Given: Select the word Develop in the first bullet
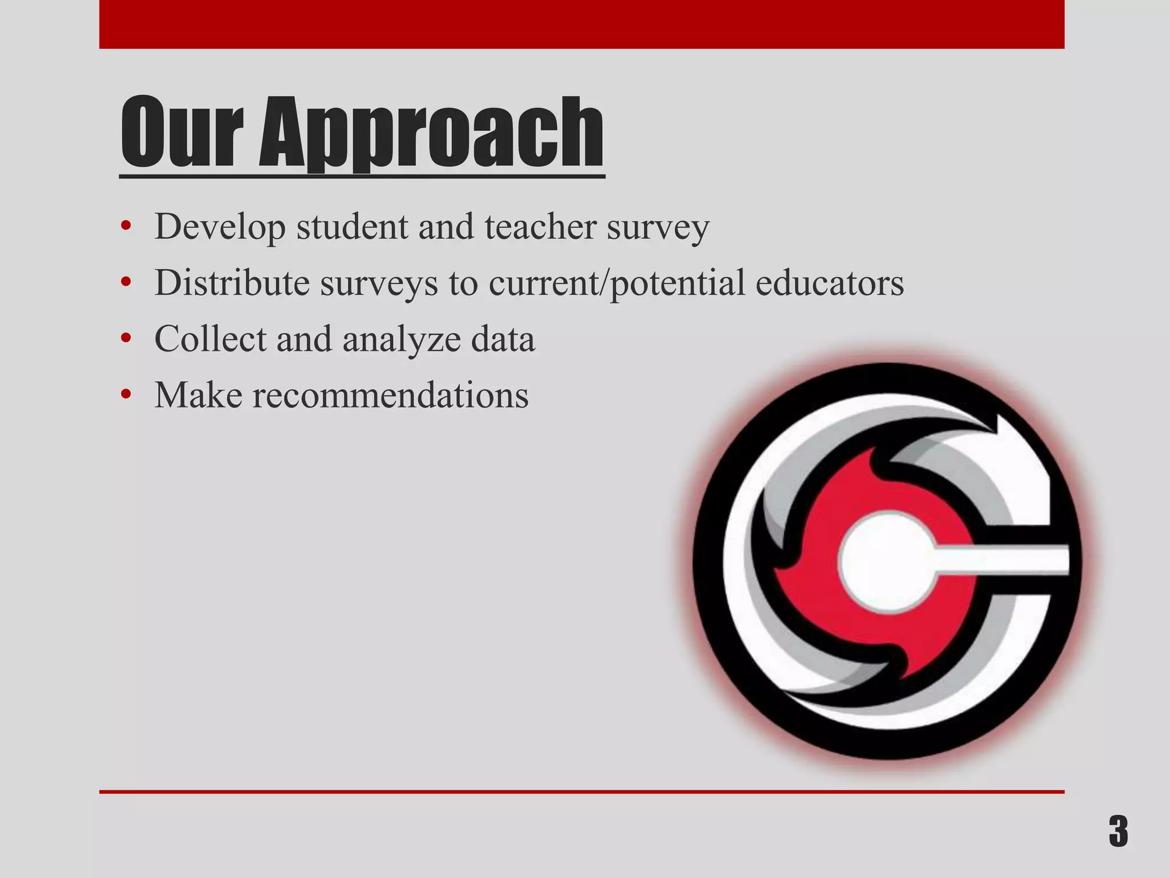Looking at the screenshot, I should pyautogui.click(x=220, y=227).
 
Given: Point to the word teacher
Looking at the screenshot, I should pyautogui.click(x=540, y=226).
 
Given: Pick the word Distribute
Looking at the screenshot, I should pyautogui.click(x=232, y=282).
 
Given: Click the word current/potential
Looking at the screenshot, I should pyautogui.click(x=617, y=284).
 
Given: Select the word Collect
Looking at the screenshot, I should pyautogui.click(x=210, y=338).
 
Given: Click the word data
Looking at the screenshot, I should pyautogui.click(x=503, y=338).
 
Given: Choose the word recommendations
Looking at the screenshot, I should pyautogui.click(x=391, y=394).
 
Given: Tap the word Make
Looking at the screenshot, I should pyautogui.click(x=198, y=394).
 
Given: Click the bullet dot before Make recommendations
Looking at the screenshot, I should pyautogui.click(x=126, y=395).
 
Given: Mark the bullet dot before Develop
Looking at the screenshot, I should pyautogui.click(x=126, y=227).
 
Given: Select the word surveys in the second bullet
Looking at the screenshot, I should pyautogui.click(x=379, y=284).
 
